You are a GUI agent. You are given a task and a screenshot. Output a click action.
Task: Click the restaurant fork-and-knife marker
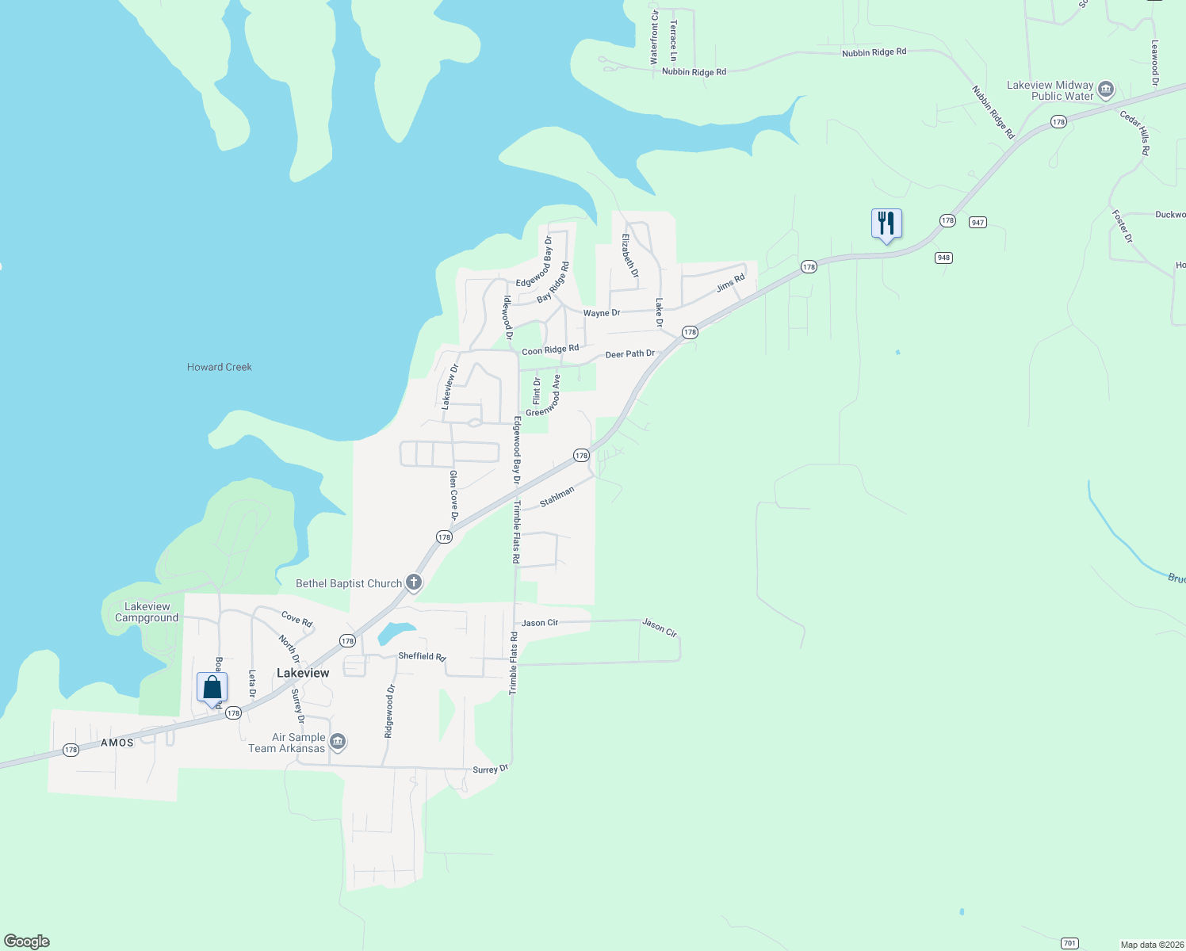pos(886,223)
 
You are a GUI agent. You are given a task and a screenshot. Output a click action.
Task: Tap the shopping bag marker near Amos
pos(212,687)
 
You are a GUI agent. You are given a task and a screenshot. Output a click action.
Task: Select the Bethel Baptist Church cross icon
pos(413,582)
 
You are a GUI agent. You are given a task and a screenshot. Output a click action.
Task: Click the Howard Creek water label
pos(220,367)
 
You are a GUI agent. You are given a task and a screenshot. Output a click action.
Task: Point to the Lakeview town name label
pos(303,673)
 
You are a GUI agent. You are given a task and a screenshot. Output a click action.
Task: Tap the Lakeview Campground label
pos(147,612)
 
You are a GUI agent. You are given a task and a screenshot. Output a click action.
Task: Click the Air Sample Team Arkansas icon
pos(338,742)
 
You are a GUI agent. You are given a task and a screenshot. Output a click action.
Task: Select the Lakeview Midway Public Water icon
pos(1106,90)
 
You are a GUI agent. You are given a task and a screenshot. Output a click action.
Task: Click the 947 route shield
pos(977,223)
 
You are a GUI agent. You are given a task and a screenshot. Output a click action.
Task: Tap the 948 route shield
pos(943,258)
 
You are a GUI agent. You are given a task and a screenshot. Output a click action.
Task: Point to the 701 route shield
pos(1069,943)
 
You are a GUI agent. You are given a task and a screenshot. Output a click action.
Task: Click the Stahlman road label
pos(557,497)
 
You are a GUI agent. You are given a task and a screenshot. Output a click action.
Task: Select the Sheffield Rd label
pos(423,656)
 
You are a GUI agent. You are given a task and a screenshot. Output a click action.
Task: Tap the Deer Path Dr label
pos(630,354)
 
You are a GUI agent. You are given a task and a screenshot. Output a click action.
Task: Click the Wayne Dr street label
pos(602,313)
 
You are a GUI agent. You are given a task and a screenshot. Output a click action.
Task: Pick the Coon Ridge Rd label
pos(550,349)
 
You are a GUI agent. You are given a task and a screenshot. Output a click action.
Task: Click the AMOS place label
pos(117,743)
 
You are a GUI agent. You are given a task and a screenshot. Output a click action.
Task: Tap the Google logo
pos(27,941)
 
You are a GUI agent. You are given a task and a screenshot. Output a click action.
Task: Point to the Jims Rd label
pos(731,283)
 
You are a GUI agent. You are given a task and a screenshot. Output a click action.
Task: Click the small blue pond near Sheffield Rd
pos(395,632)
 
